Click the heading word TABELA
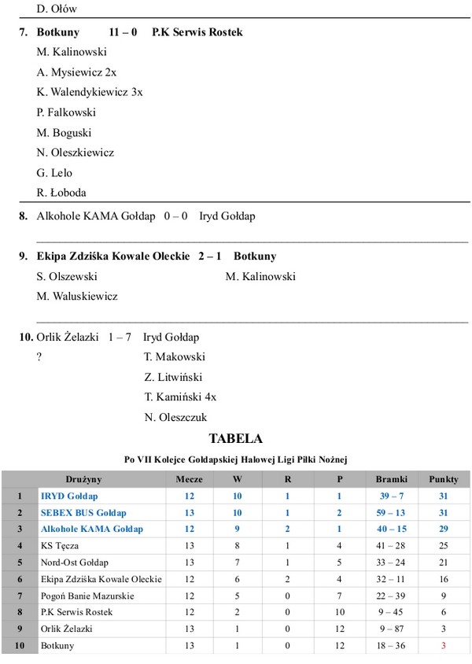tap(235, 438)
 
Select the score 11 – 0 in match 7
tap(123, 32)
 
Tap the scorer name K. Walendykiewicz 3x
tap(90, 92)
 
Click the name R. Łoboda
tap(61, 192)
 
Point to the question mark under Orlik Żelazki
tap(39, 357)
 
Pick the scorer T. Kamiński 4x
tap(180, 397)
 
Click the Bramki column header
tap(392, 479)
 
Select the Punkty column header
tap(444, 479)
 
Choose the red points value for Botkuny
tap(444, 645)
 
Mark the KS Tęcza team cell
tap(60, 545)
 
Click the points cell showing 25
tap(444, 545)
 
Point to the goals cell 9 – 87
tap(392, 629)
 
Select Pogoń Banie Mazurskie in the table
tap(87, 596)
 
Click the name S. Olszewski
tap(67, 277)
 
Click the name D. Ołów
tap(57, 9)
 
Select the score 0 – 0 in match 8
tap(175, 216)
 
